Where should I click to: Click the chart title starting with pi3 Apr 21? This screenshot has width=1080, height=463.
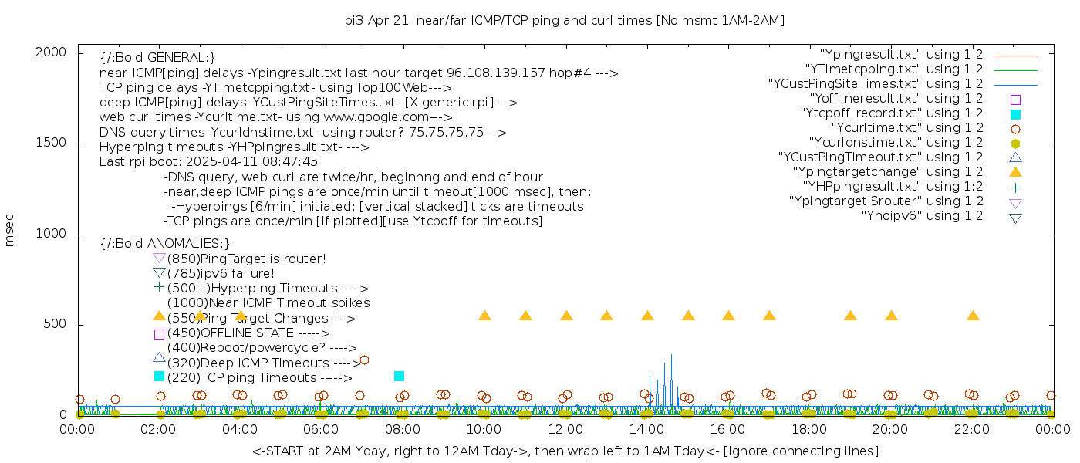565,21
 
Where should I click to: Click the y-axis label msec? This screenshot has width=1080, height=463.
10,234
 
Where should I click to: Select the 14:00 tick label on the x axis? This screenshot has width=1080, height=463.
646,429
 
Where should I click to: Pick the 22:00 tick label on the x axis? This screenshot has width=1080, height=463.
972,429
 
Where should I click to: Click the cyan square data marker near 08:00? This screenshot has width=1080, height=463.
399,376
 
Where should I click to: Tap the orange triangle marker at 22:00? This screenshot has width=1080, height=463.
973,316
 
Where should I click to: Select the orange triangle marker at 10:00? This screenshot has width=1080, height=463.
484,316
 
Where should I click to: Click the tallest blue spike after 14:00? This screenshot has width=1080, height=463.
671,356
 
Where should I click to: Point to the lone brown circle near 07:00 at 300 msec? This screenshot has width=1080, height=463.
364,360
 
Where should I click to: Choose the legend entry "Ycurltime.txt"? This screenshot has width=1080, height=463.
906,128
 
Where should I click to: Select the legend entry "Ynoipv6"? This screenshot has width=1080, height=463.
922,216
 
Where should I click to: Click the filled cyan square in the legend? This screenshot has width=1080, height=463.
1015,114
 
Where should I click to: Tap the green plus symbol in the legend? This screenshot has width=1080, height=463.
1015,188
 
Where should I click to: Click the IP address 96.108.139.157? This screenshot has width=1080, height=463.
498,73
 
